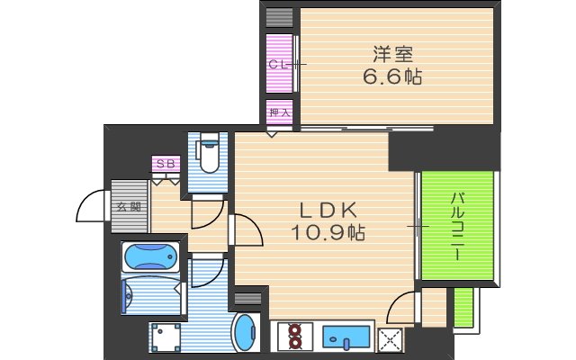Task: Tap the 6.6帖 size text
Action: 393,76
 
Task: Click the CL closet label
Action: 278,64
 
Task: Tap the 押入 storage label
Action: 279,112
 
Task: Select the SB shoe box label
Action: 166,164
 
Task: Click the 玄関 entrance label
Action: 127,206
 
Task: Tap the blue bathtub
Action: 150,257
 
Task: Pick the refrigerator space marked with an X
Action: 392,339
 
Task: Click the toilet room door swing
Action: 208,212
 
